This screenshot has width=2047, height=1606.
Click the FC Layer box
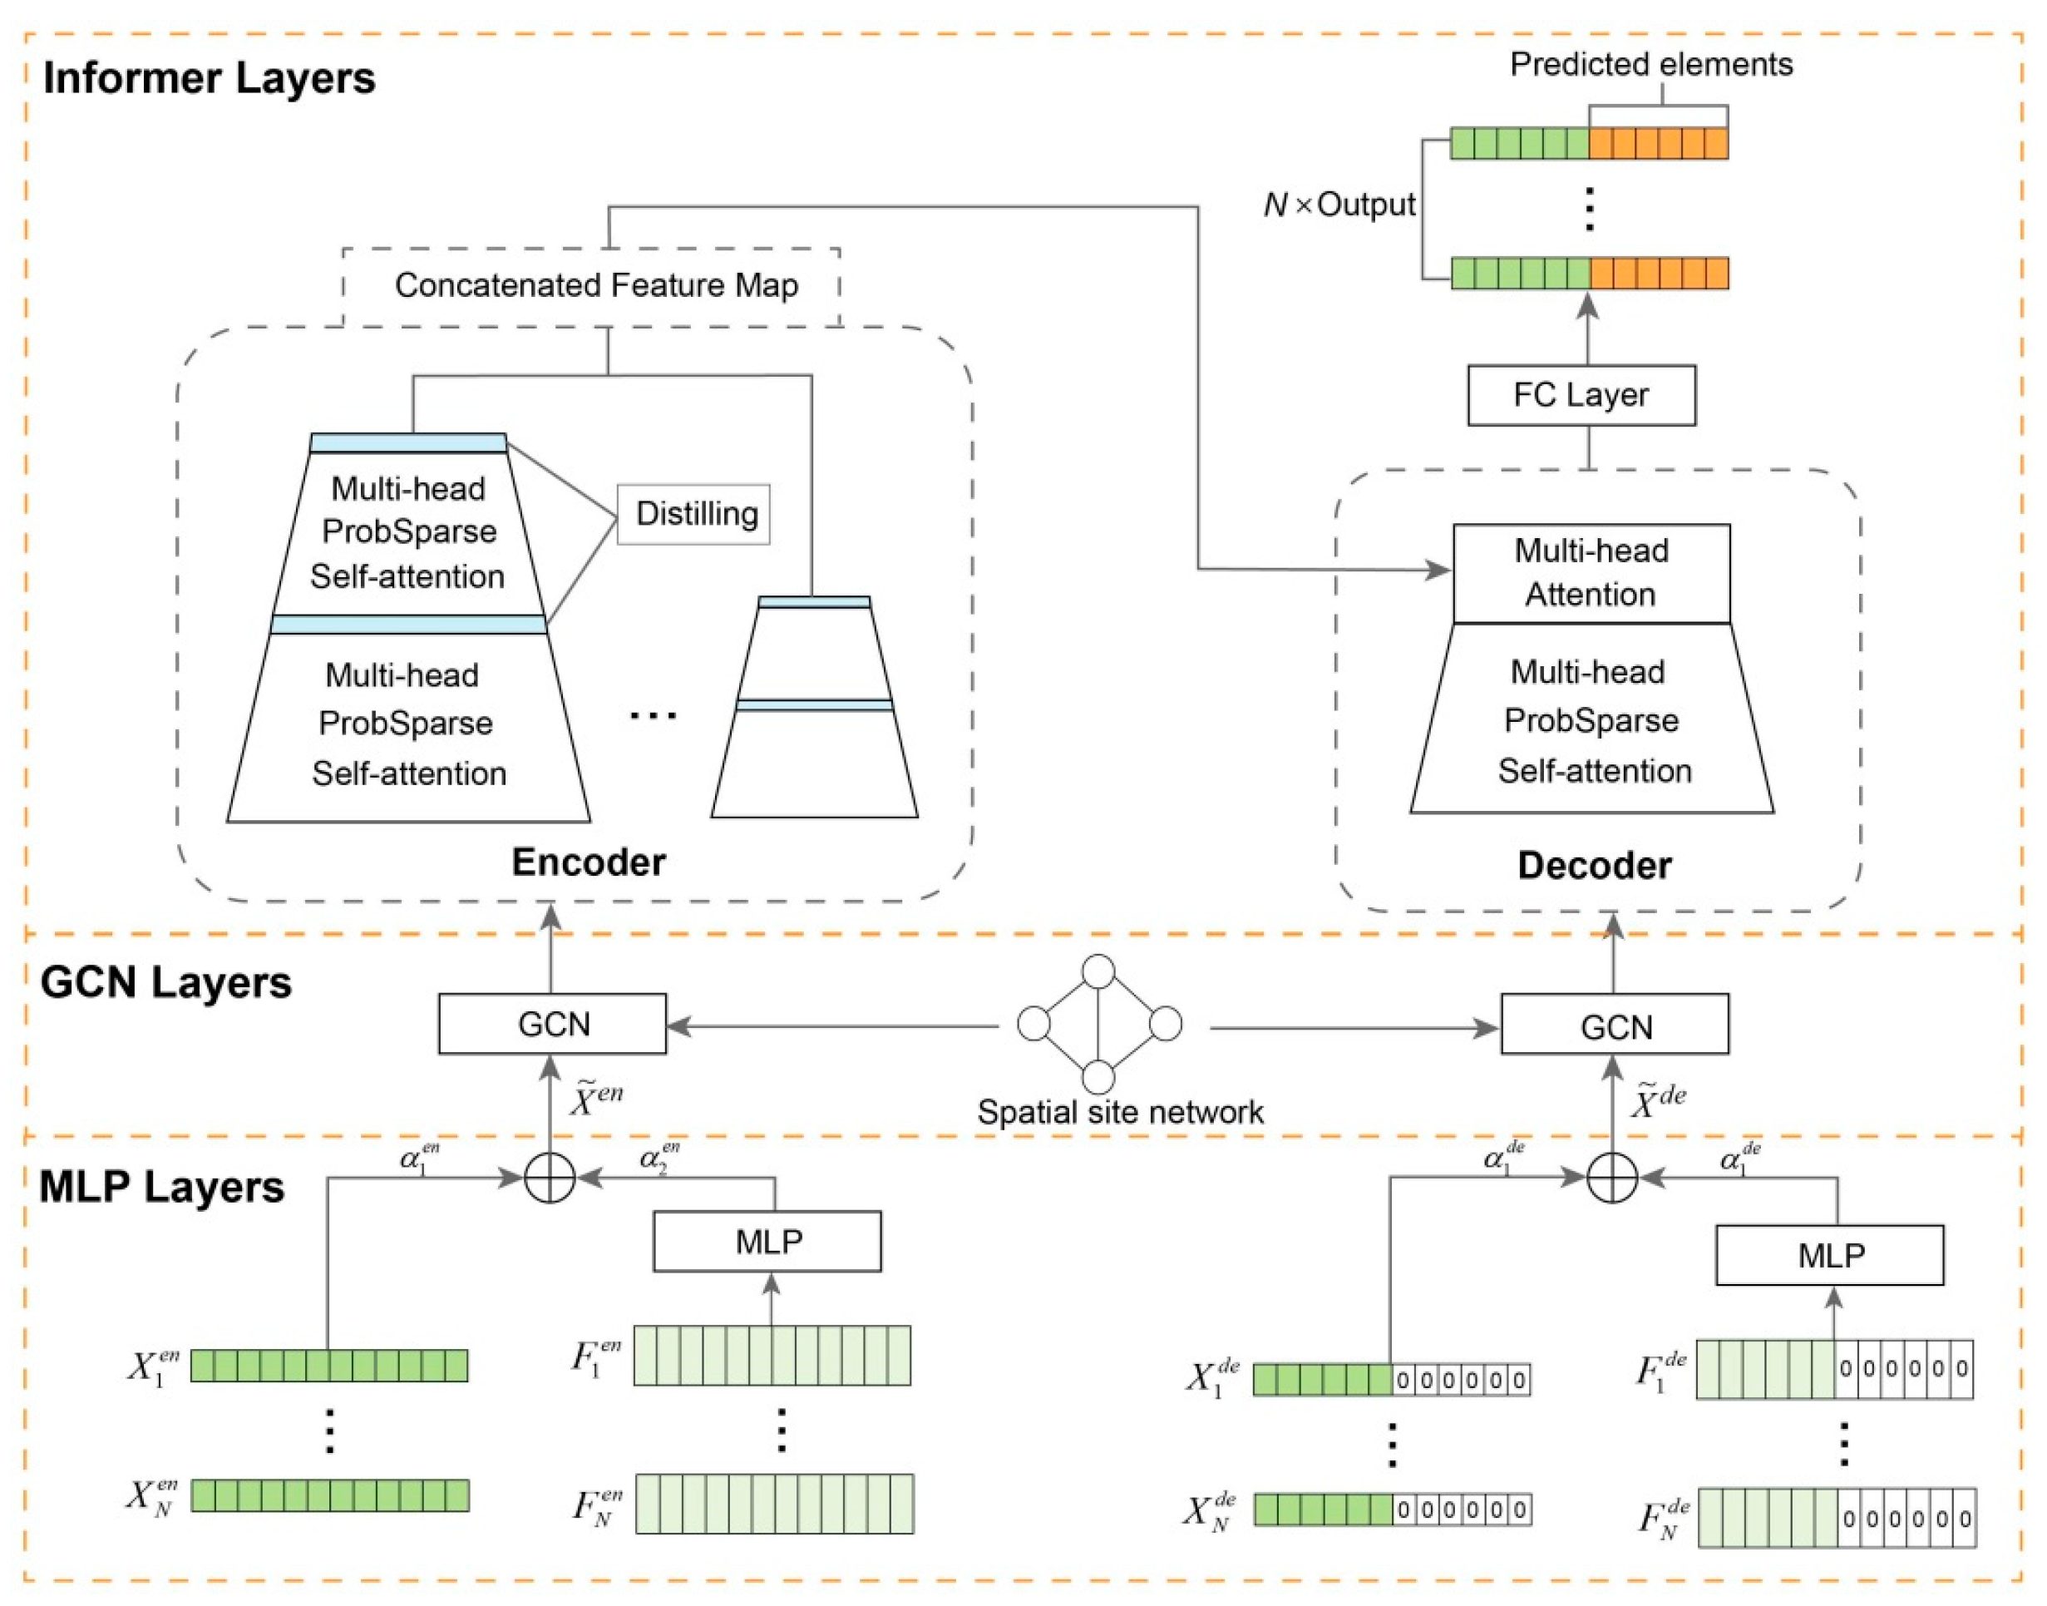1581,395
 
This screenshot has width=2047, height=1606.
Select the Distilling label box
693,513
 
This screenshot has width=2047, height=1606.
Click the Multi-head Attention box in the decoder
1591,573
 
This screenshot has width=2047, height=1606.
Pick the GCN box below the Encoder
552,1023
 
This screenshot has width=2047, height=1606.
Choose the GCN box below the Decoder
1614,1024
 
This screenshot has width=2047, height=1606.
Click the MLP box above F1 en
767,1241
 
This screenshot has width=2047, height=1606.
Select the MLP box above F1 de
1829,1254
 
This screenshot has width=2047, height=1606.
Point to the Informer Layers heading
209,78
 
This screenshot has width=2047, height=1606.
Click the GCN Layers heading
165,982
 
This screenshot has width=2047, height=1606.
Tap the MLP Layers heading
161,1187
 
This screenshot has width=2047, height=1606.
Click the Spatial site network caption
1120,1112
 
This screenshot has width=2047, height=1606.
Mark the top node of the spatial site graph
1098,971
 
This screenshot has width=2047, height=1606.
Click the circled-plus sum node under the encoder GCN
550,1177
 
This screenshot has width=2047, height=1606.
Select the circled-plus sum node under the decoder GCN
1613,1177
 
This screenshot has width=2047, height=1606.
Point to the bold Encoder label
589,862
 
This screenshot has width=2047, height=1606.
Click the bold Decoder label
1594,865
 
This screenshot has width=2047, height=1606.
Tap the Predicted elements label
1651,64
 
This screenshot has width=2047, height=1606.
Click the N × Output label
1339,204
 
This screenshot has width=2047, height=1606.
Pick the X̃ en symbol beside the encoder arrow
597,1097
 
